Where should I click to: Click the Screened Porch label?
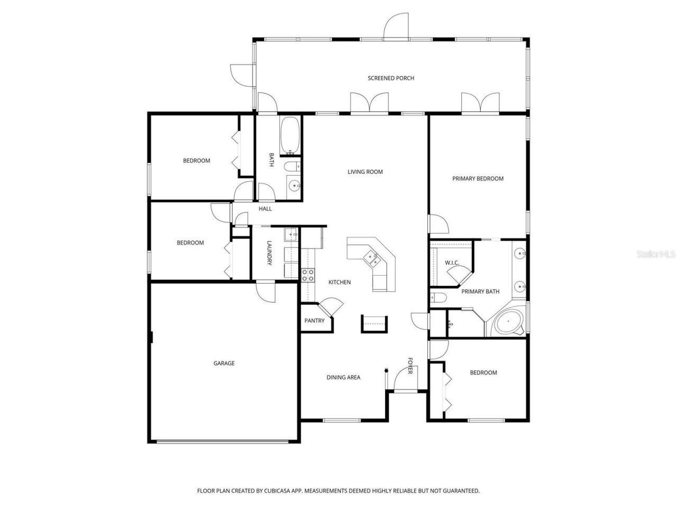click(391, 78)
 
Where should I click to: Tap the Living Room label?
click(365, 171)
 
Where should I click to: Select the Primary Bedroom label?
click(478, 179)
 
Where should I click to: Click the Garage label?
click(224, 364)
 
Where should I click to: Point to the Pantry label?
click(314, 321)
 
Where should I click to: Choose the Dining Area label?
click(343, 377)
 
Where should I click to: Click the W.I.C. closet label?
click(451, 263)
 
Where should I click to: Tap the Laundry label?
click(269, 253)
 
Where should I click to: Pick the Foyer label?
click(410, 366)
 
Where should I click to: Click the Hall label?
click(265, 209)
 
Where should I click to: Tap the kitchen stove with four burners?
click(307, 275)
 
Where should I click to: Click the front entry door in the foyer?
click(402, 380)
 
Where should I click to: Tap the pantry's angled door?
click(331, 307)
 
